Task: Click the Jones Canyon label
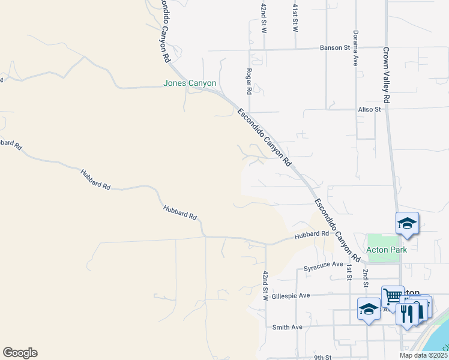point(190,83)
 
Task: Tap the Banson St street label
point(334,47)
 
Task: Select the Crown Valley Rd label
point(386,75)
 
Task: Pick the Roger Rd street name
point(249,81)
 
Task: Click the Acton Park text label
point(387,250)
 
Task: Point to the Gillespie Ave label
point(291,295)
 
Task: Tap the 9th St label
point(322,358)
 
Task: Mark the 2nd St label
point(365,277)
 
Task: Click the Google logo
point(20,353)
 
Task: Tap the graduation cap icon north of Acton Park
point(407,224)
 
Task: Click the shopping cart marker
point(393,296)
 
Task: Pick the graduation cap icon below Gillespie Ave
point(369,309)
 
